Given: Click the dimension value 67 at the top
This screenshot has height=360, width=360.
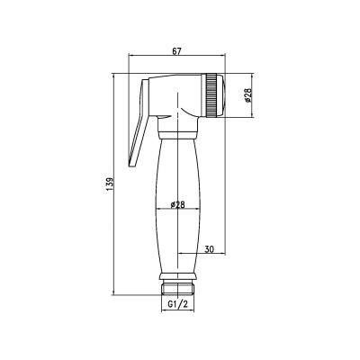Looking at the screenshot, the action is [176, 51].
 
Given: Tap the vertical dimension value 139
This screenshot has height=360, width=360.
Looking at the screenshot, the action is [110, 184].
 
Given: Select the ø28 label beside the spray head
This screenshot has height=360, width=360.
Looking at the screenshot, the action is [248, 95].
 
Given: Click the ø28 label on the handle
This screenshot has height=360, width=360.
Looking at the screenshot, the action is [177, 204].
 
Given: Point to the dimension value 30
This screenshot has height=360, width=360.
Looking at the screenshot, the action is [210, 249].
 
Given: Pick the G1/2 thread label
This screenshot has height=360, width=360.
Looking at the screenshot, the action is [177, 304].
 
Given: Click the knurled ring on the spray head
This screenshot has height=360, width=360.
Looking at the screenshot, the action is [211, 94].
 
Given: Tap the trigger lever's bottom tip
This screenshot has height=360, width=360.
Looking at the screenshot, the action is [132, 165].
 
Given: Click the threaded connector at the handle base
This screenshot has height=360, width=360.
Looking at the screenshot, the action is [177, 288].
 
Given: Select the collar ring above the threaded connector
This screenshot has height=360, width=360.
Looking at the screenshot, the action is [177, 277].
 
